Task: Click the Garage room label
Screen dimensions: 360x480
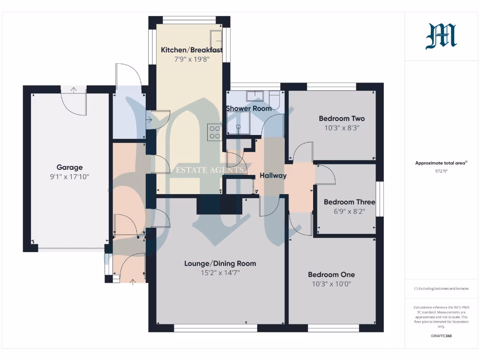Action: click(x=69, y=167)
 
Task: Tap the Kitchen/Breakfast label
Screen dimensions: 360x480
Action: click(x=191, y=50)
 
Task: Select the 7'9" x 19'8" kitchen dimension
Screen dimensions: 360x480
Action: click(x=191, y=60)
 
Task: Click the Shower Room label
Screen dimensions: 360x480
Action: click(x=248, y=108)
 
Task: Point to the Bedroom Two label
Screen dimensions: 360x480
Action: click(x=341, y=119)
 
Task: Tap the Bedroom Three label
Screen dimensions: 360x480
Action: click(x=349, y=202)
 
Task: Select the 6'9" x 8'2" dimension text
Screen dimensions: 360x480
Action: click(x=349, y=211)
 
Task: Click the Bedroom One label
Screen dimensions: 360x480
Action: click(x=331, y=275)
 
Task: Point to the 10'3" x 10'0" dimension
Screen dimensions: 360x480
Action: click(x=331, y=284)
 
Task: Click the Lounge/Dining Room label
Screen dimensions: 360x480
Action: click(x=220, y=263)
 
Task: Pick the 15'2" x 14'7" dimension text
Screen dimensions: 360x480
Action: click(x=220, y=273)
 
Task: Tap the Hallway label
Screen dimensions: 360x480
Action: click(x=273, y=176)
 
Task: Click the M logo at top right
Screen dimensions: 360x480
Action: click(x=441, y=37)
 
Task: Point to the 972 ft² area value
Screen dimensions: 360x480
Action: click(x=441, y=171)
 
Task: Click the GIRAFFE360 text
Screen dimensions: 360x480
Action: click(x=441, y=336)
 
